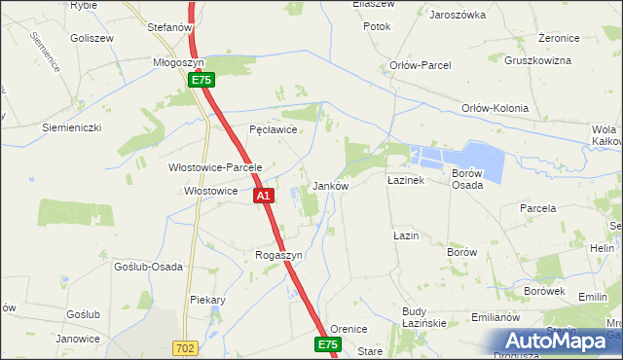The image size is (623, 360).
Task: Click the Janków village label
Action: point(330,185)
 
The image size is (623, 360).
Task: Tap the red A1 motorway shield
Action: point(263,197)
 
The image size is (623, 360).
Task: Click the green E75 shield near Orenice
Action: point(328,344)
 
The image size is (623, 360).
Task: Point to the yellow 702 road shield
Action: point(185,347)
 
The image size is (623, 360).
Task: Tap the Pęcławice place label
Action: point(273,128)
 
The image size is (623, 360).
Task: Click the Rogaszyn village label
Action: point(279,255)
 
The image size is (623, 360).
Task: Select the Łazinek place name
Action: point(405,181)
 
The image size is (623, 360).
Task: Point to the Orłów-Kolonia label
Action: point(495,108)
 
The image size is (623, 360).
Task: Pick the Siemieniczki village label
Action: point(71,127)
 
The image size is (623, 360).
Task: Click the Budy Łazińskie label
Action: point(423,317)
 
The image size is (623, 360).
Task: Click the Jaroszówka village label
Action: point(457,16)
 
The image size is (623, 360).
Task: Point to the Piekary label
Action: point(208,300)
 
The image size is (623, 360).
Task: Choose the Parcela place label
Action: point(537,208)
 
